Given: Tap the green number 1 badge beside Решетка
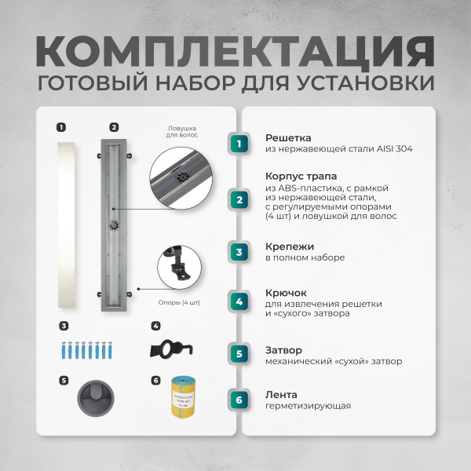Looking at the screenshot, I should coord(240,143).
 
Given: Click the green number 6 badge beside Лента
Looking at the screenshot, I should coord(240,400).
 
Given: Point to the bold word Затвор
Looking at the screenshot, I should coord(283,349).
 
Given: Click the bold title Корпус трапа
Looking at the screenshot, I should coord(301,177).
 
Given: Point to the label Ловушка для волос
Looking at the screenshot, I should coord(182,131).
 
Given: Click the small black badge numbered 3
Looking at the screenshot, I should coord(63,326).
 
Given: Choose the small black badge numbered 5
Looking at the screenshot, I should coord(63,380).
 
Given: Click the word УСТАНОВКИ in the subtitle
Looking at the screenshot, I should coord(365,82).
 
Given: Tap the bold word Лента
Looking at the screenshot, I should coord(280,394).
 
